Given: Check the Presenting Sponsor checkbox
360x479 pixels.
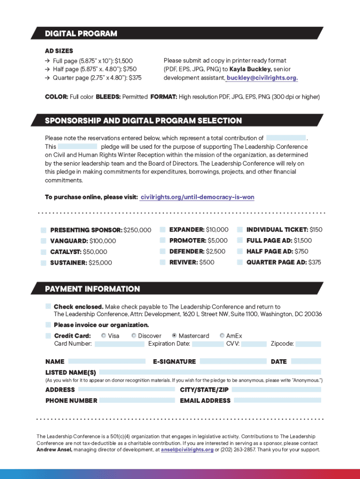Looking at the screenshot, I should [x=43, y=230].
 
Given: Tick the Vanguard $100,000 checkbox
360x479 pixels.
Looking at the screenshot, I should [x=43, y=241].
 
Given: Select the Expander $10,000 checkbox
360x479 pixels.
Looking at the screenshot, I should [x=163, y=230].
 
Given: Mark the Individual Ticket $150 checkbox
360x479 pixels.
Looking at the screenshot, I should [x=240, y=230].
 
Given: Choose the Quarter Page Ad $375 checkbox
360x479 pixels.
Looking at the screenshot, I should [x=240, y=262].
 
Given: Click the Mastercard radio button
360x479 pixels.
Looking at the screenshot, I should [x=174, y=335].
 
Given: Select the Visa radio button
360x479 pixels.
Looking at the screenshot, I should [x=103, y=335].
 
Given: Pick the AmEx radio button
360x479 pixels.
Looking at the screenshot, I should [x=222, y=335].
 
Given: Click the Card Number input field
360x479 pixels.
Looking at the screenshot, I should [x=120, y=344].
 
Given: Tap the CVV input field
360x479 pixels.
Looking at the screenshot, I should [x=254, y=344].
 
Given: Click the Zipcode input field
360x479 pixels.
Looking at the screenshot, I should [x=308, y=344].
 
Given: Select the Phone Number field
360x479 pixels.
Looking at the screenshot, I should [x=136, y=400].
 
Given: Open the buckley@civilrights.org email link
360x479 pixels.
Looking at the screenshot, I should [x=262, y=78].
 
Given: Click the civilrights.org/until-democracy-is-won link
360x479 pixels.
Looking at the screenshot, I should [x=197, y=197].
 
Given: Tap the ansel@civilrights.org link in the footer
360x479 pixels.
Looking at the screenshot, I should [x=187, y=450].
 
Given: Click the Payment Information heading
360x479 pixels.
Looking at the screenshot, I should [x=92, y=289].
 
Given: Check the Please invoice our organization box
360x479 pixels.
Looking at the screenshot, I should [x=48, y=325].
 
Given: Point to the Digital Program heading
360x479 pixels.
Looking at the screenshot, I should [x=81, y=34].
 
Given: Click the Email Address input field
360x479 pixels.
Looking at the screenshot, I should [x=277, y=400].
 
